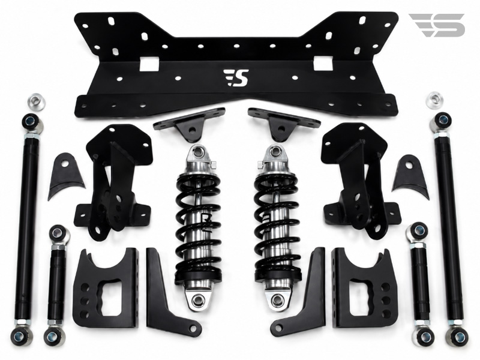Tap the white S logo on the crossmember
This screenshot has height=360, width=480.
(236, 78)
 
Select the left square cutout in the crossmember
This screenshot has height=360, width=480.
(149, 64)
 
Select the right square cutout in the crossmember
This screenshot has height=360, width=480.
(323, 64)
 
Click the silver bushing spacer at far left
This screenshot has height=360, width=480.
(36, 100)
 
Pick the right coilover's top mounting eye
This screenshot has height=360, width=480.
(275, 151)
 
